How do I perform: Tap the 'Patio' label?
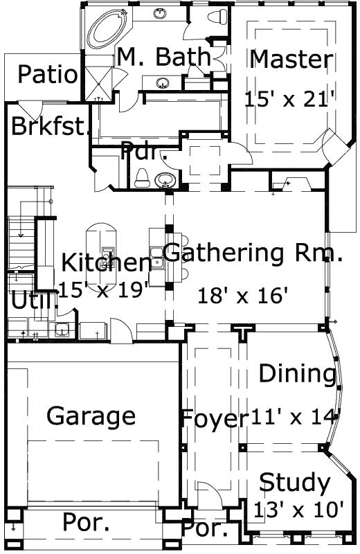click(x=48, y=75)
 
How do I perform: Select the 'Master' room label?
click(x=291, y=60)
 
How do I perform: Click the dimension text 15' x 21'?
click(x=290, y=98)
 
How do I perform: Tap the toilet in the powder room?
click(x=143, y=177)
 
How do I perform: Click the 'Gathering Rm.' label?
click(x=253, y=253)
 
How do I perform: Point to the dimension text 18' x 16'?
click(x=242, y=296)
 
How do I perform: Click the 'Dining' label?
click(x=297, y=374)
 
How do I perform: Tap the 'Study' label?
click(x=295, y=482)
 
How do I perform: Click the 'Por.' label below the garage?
click(x=86, y=523)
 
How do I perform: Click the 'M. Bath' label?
click(x=163, y=57)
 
